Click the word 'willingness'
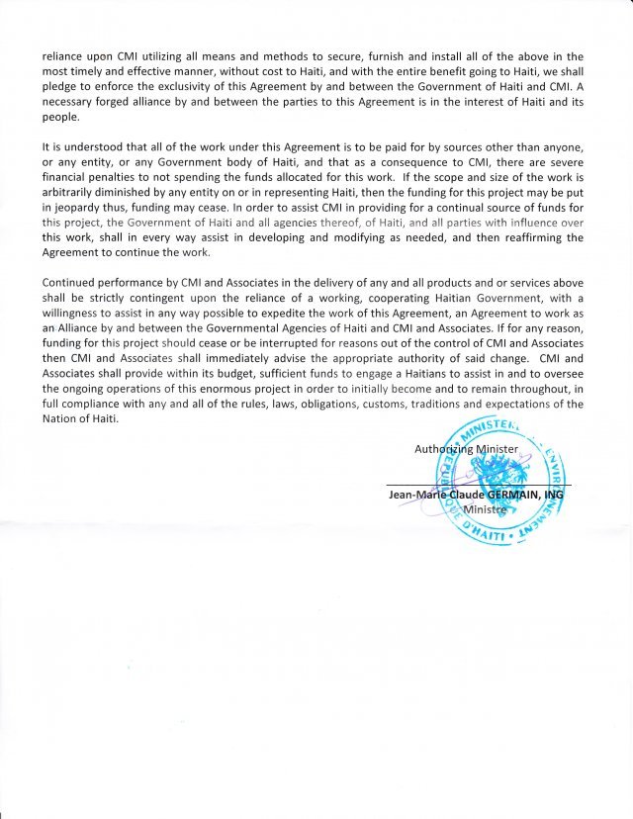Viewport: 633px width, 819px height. pyautogui.click(x=75, y=313)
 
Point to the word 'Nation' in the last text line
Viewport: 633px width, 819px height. pyautogui.click(x=61, y=417)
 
